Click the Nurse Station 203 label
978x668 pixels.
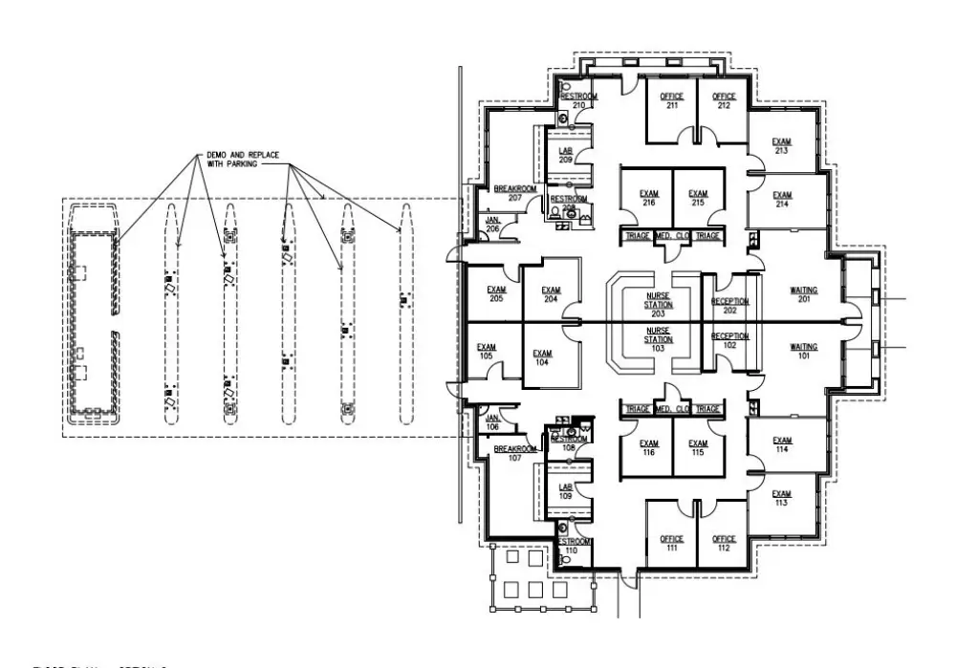tap(657, 304)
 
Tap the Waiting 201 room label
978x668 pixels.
tap(803, 293)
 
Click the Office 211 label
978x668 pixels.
tap(671, 100)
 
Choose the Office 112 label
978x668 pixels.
tap(724, 543)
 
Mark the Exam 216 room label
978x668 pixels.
tap(649, 198)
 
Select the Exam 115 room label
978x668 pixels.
tap(698, 447)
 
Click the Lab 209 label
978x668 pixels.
tap(566, 156)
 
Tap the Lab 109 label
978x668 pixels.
tap(566, 491)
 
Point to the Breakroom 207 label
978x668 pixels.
tap(514, 193)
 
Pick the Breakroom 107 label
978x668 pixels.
tap(514, 452)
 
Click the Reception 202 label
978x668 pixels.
tap(730, 306)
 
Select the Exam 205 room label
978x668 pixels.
tap(495, 293)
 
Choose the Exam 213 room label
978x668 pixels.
tap(781, 146)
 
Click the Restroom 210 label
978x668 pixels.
tap(577, 100)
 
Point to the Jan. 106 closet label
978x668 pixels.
tap(493, 421)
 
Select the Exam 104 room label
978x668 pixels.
tap(542, 358)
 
